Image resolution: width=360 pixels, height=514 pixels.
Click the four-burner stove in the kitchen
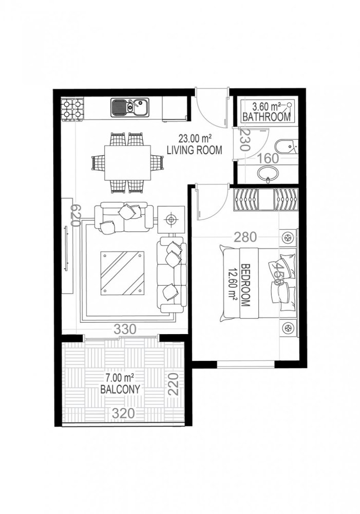(x=72, y=108)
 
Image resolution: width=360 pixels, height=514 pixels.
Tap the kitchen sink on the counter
(x=129, y=107)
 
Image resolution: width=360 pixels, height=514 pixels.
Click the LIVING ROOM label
(x=195, y=150)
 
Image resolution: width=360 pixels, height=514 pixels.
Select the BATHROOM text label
(x=267, y=117)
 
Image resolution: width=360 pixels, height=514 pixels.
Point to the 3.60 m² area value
(x=266, y=107)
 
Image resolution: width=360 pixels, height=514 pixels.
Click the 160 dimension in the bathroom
(x=268, y=158)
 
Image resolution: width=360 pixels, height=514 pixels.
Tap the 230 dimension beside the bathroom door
(x=244, y=139)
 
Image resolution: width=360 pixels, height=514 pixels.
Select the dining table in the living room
(x=127, y=162)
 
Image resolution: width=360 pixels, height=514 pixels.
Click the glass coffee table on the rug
(x=123, y=273)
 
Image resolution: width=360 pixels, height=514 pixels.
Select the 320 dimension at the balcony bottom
(x=124, y=413)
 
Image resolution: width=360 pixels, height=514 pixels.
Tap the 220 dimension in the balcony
(x=174, y=384)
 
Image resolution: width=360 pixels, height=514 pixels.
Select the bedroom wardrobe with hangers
(x=265, y=199)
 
